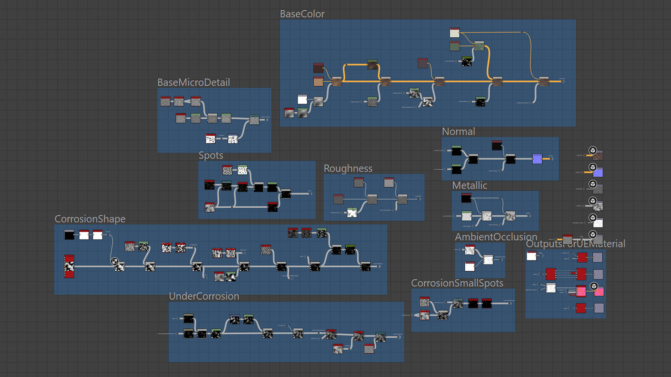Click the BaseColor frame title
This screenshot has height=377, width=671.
302,14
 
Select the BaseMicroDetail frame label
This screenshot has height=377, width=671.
193,82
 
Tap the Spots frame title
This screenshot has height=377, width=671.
211,155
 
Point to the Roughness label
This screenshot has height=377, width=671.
348,168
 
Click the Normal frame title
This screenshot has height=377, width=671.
458,131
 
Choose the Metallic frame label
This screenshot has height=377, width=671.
469,185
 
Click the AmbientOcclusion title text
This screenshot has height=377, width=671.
496,237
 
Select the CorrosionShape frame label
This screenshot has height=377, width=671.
90,219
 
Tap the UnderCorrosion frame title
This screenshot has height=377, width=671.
204,296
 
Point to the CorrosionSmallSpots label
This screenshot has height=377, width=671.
457,283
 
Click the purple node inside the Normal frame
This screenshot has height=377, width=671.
537,159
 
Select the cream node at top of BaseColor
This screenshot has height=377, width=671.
454,33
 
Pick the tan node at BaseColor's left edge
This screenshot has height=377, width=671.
318,81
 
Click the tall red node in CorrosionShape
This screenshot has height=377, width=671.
69,266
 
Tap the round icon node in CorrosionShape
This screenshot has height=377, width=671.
115,262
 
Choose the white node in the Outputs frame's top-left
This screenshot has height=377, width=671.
531,256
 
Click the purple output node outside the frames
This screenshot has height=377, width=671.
598,172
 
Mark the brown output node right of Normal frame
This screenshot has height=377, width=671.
598,155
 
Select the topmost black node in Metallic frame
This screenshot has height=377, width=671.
466,197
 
